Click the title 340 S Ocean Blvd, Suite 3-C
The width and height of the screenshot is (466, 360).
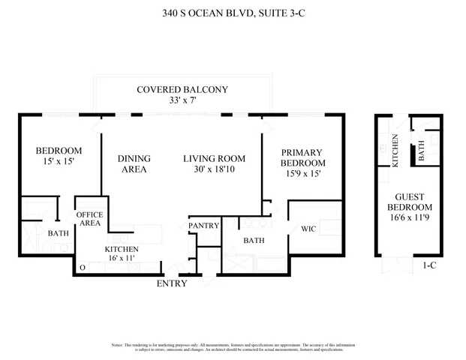[x=233, y=13]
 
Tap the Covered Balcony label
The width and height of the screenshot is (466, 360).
[x=182, y=90]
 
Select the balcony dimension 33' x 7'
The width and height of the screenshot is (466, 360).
[x=182, y=102]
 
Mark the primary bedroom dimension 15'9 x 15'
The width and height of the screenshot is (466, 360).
[x=303, y=175]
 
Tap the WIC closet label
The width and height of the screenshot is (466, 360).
[x=309, y=228]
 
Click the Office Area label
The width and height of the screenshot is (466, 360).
[x=90, y=219]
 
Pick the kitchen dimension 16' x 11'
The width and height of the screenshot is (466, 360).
[x=121, y=257]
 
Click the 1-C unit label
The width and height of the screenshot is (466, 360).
[x=430, y=265]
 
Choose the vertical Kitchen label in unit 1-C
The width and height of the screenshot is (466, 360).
[x=396, y=151]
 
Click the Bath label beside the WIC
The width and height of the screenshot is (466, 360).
[x=253, y=240]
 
